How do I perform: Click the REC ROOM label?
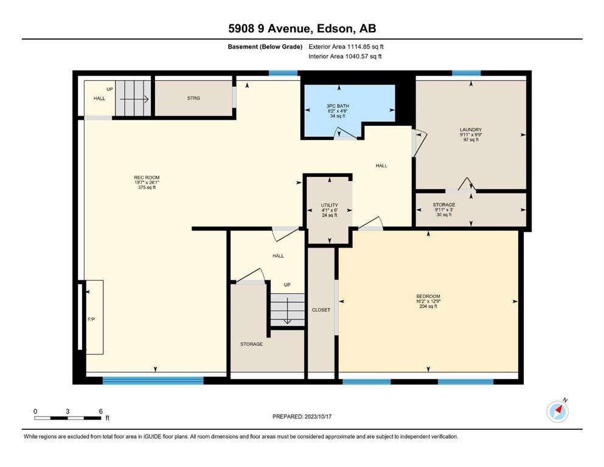click(147, 178)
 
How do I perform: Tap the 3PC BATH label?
click(338, 106)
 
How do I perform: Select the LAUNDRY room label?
click(471, 130)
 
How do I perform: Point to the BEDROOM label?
click(428, 296)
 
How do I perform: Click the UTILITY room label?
click(329, 205)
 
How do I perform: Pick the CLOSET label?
click(321, 310)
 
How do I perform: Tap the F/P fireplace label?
click(91, 319)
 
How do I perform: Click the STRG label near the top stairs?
click(193, 98)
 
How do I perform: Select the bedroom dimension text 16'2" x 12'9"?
click(428, 302)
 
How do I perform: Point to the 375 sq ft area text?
click(147, 187)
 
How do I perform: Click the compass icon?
click(557, 411)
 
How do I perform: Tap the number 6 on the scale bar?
click(101, 411)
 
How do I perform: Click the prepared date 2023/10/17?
click(318, 417)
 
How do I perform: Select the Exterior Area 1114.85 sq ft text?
click(346, 47)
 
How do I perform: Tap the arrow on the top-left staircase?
click(134, 99)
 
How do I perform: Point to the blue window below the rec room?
click(153, 381)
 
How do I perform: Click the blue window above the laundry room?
click(466, 73)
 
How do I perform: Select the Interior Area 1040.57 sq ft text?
click(345, 56)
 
